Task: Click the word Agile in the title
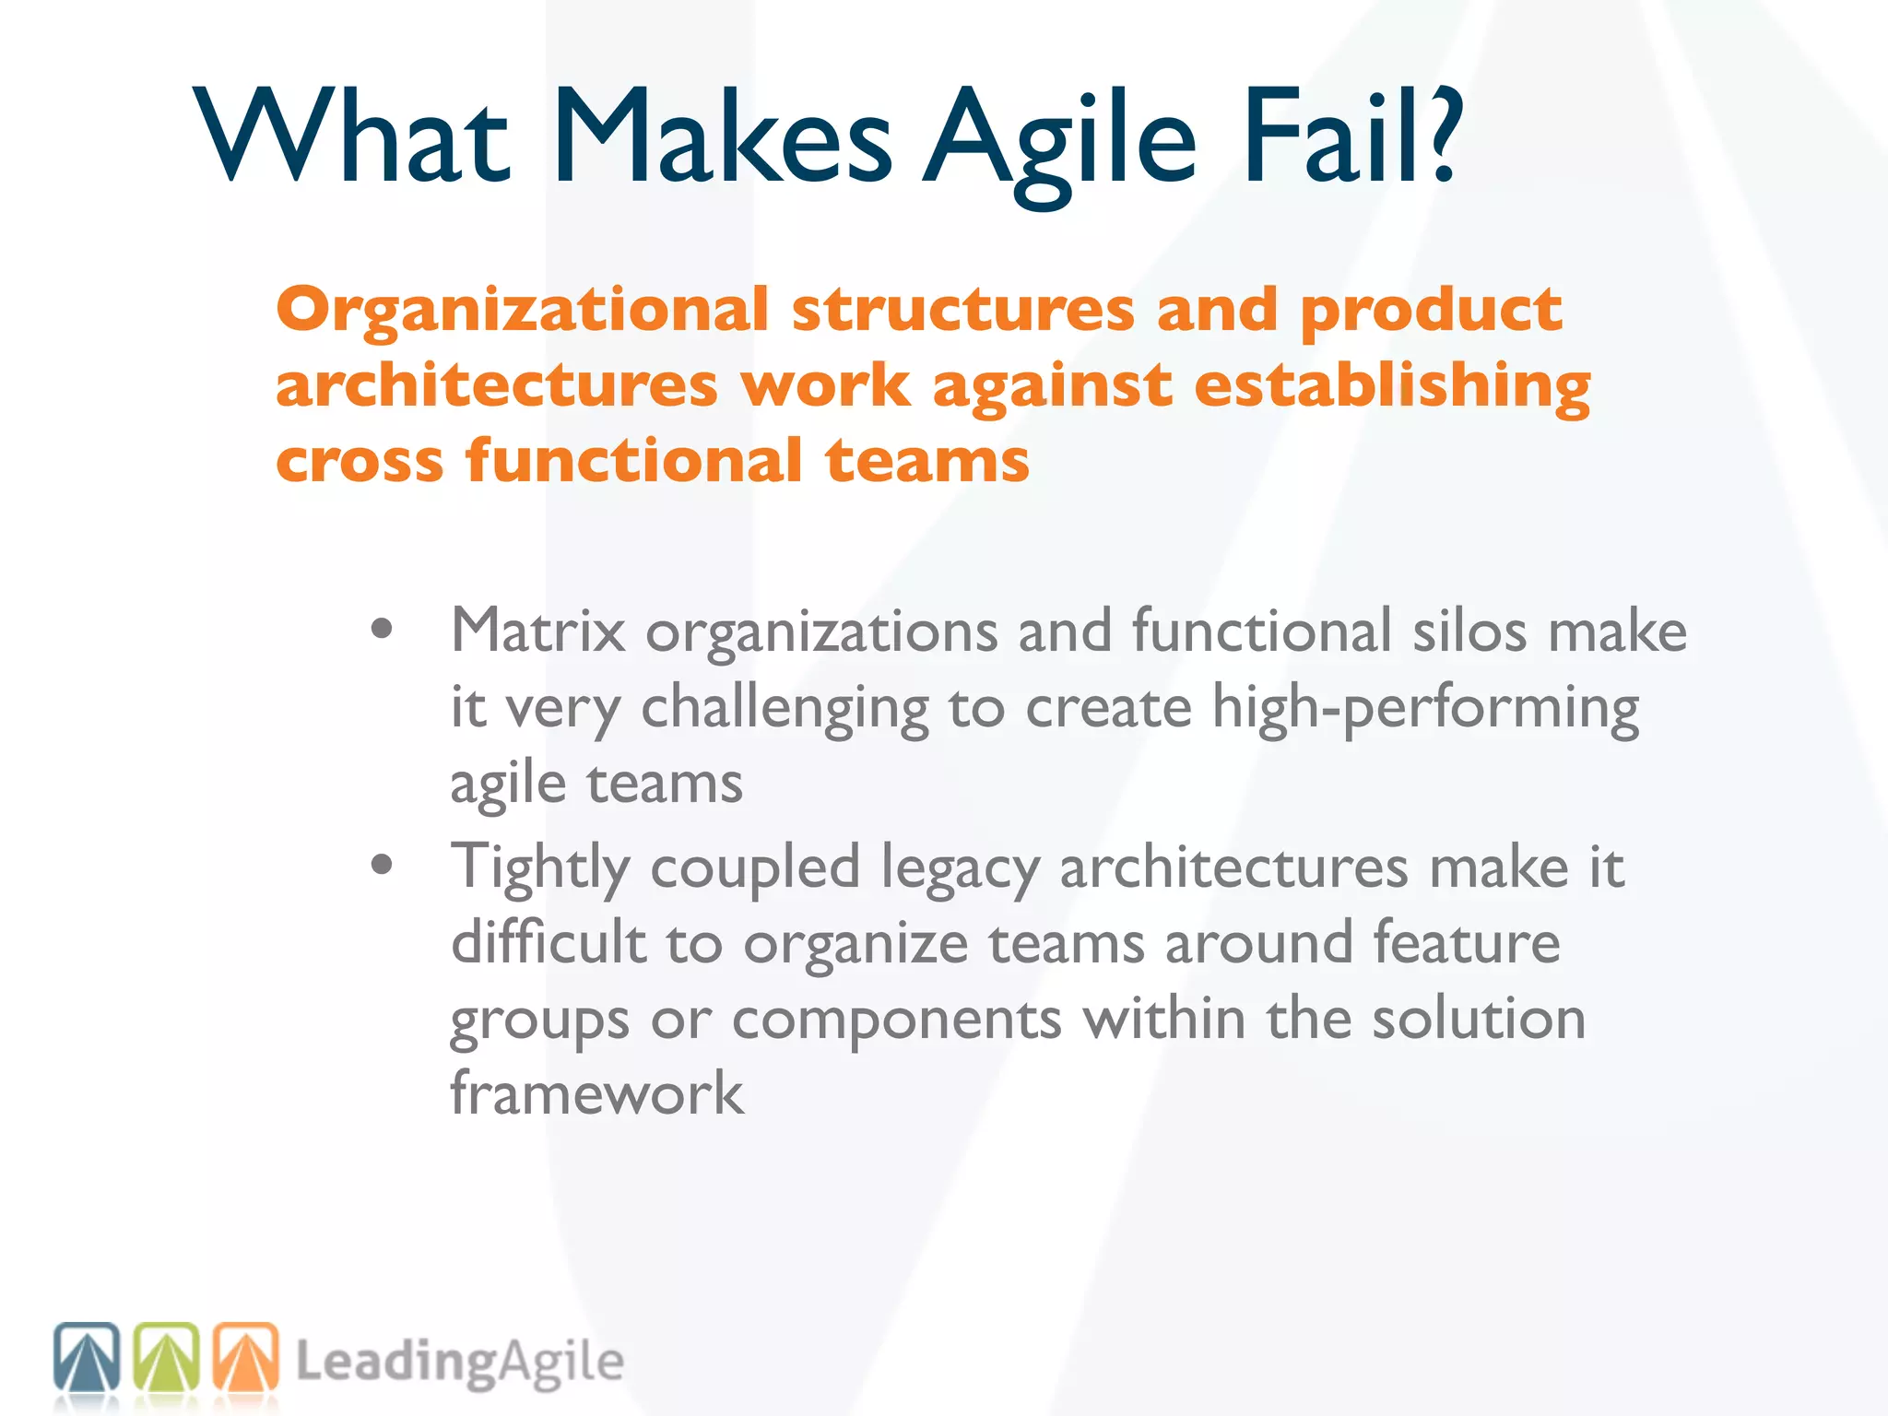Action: click(1060, 138)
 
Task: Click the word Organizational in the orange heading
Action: click(522, 311)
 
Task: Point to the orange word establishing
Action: click(1392, 385)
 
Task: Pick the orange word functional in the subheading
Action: click(634, 460)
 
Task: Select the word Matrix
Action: click(537, 631)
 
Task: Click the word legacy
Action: click(960, 869)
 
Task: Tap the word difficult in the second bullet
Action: click(549, 943)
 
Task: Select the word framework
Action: click(596, 1094)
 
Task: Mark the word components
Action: click(896, 1021)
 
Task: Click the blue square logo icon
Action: click(87, 1358)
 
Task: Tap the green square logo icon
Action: click(167, 1358)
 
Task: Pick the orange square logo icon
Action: click(246, 1358)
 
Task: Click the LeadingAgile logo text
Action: click(459, 1363)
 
